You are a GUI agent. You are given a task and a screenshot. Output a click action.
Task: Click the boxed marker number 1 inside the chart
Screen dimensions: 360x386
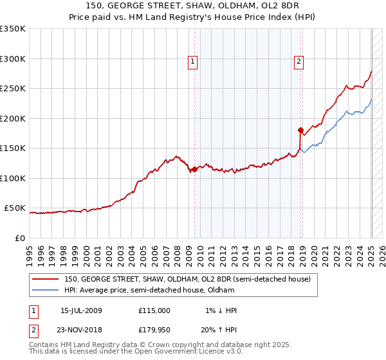tap(192, 62)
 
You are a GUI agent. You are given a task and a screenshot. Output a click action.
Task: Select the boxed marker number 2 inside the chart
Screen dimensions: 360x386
tap(299, 62)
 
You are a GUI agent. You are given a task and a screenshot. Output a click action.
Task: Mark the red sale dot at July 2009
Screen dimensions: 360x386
tap(194, 170)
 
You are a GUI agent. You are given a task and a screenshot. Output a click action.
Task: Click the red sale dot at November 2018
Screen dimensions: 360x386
tap(300, 130)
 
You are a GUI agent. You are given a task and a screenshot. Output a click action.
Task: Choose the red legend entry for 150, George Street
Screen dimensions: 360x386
tap(187, 279)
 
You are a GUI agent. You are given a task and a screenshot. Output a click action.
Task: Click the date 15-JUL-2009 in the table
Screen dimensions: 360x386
tap(81, 310)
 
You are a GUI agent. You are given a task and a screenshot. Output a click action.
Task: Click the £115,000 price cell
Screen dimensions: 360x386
tap(154, 310)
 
